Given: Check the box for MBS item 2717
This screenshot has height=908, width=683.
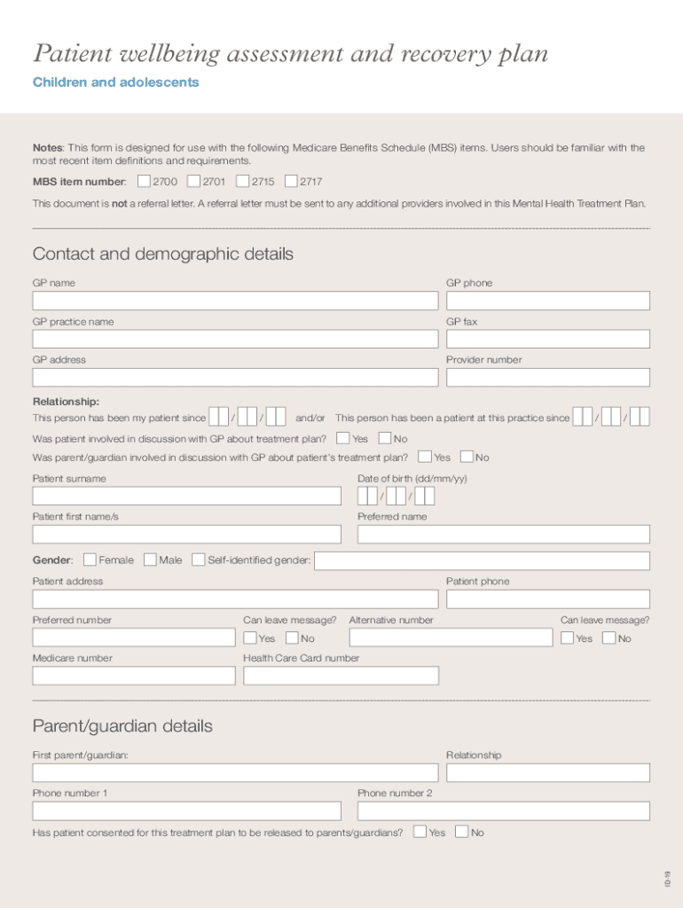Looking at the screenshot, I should [x=291, y=182].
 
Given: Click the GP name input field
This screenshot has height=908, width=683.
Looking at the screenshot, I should [x=235, y=301].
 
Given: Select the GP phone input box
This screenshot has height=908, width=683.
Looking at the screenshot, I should [x=547, y=301].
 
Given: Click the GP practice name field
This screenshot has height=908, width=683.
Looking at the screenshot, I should [x=235, y=339].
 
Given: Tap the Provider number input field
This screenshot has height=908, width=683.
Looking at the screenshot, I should [x=547, y=378].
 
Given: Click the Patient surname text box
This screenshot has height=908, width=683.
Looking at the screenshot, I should [x=186, y=496].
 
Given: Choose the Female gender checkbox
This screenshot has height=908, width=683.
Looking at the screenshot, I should [x=90, y=560].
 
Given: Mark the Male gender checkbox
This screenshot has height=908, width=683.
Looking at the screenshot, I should [x=150, y=560].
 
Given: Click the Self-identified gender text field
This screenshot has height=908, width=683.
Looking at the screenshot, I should [x=482, y=560].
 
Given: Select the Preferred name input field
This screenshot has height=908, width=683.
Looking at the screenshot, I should [x=503, y=534].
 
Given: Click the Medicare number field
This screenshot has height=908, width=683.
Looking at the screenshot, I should [x=134, y=676].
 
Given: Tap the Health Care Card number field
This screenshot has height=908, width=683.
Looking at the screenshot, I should [x=341, y=676].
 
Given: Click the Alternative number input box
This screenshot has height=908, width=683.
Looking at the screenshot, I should [x=450, y=638].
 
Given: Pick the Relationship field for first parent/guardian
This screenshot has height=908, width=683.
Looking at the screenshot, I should [x=547, y=772].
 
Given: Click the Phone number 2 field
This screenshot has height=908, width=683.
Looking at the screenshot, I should [x=503, y=810].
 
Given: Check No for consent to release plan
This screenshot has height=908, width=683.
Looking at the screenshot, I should [x=461, y=832].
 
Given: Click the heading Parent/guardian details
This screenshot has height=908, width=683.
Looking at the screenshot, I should [x=122, y=726].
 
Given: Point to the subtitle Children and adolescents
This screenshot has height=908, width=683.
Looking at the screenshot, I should [x=115, y=82].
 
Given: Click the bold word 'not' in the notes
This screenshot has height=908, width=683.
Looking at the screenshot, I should [x=119, y=203].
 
